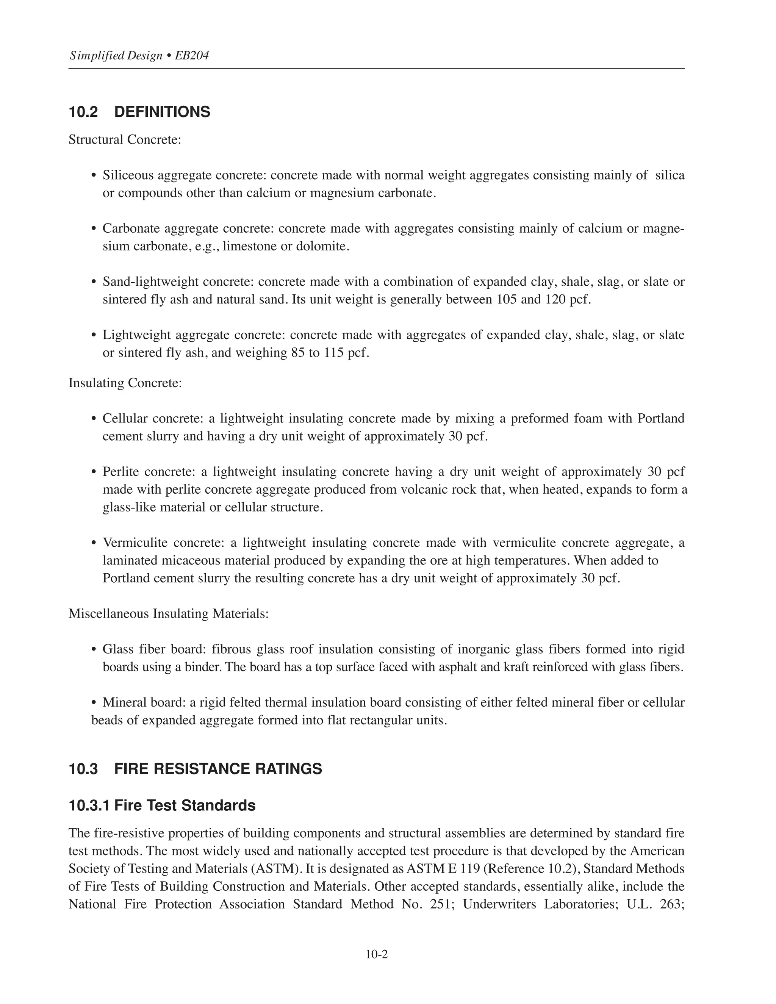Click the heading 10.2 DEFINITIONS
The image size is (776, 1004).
(x=139, y=112)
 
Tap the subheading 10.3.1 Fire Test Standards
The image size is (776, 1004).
(x=162, y=805)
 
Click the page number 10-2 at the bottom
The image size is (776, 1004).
(x=377, y=954)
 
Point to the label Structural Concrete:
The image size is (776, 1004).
(x=125, y=139)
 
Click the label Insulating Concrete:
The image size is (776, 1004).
(x=125, y=383)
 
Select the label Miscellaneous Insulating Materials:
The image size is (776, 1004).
(x=168, y=613)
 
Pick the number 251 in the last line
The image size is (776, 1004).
(x=440, y=904)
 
